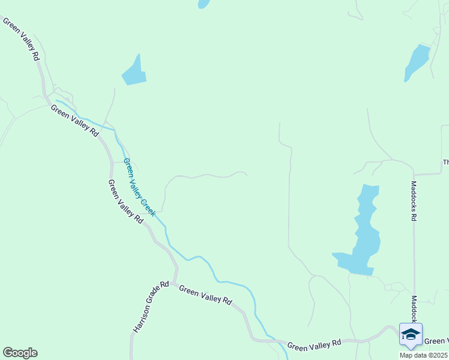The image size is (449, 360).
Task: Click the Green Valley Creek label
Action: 139,187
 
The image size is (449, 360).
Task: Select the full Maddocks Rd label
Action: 414,202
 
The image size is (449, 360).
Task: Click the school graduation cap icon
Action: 411,335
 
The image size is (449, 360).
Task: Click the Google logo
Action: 20,353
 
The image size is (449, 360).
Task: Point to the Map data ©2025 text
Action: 423,355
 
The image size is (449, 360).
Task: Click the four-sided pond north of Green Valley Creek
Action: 134,73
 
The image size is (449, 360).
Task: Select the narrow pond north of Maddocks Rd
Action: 417,62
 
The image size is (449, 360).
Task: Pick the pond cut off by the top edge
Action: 204,4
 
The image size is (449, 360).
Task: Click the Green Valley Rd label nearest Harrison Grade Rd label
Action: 205,295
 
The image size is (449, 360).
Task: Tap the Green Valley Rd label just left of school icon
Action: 313,344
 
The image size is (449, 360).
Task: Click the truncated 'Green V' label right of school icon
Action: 436,341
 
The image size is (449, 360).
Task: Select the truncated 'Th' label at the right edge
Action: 445,162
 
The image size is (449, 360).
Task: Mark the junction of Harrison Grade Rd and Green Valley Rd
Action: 174,283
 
